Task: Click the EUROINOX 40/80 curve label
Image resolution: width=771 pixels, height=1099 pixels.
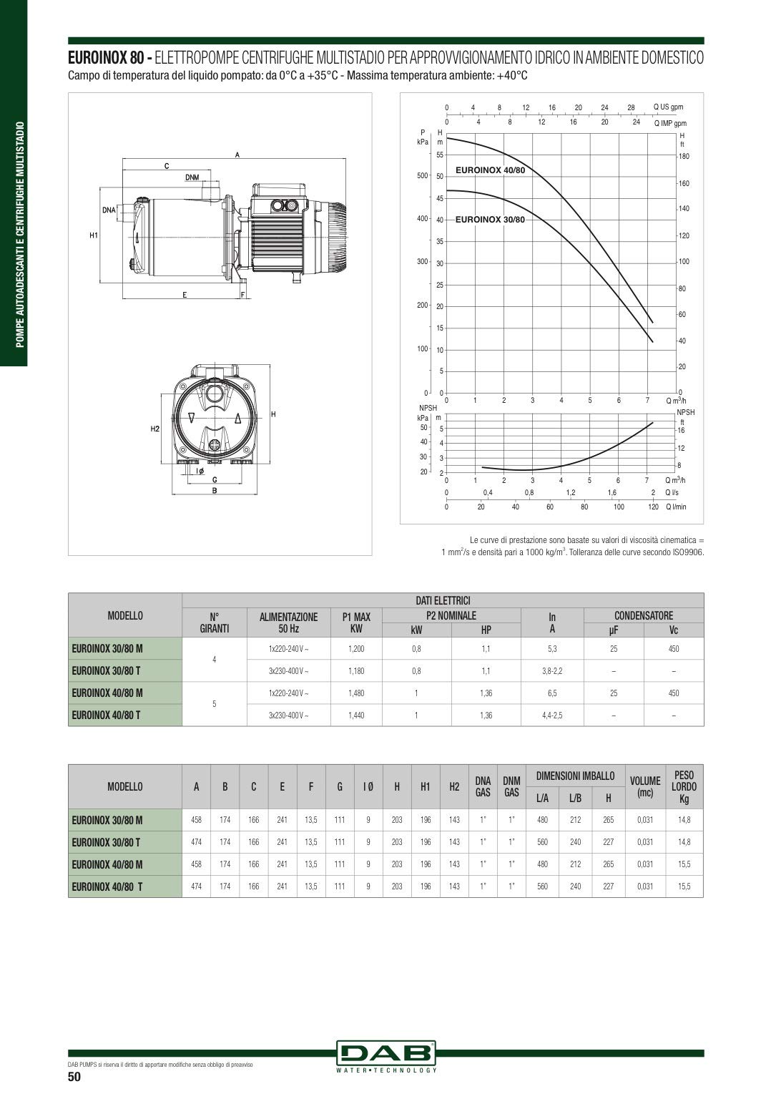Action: pyautogui.click(x=490, y=170)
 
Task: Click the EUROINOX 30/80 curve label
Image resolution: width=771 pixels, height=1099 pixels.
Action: pyautogui.click(x=490, y=220)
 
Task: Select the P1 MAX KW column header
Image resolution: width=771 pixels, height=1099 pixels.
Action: pyautogui.click(x=356, y=622)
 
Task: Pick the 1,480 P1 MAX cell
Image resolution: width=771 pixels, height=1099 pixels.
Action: pyautogui.click(x=356, y=693)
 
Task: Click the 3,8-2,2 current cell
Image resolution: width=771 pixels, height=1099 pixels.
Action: pyautogui.click(x=552, y=670)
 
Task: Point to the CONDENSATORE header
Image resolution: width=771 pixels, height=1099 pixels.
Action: pyautogui.click(x=644, y=615)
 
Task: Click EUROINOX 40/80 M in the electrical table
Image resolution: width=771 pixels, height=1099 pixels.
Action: pyautogui.click(x=107, y=693)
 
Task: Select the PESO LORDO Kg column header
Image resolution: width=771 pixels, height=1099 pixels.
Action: pyautogui.click(x=684, y=786)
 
